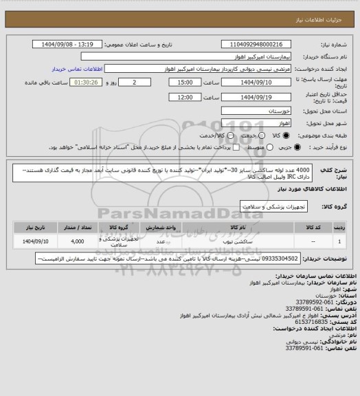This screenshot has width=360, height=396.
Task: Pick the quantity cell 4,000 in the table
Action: click(x=77, y=241)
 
